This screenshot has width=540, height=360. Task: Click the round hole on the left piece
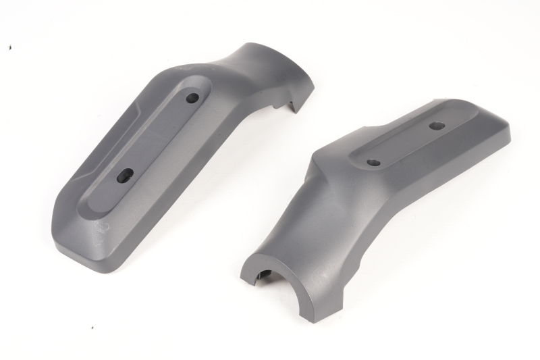(192, 98)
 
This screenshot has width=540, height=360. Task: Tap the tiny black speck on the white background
(9, 47)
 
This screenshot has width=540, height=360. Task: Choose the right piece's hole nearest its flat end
(436, 126)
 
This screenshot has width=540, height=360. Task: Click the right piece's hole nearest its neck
(373, 163)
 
